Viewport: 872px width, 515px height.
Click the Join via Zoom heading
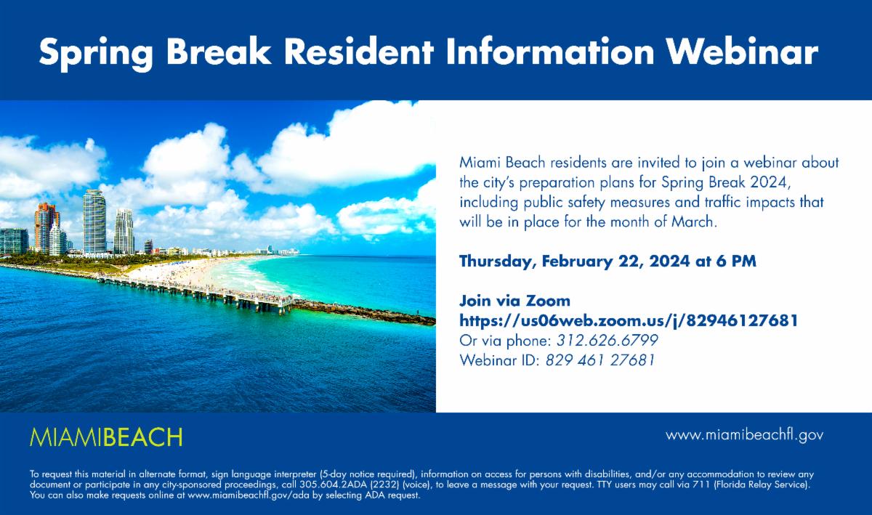[x=514, y=301]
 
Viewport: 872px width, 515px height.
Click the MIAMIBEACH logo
[x=106, y=437]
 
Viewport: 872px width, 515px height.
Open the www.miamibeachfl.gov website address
[x=744, y=435]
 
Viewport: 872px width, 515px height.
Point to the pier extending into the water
[x=196, y=291]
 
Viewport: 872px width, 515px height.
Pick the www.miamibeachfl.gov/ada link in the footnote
[x=240, y=495]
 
